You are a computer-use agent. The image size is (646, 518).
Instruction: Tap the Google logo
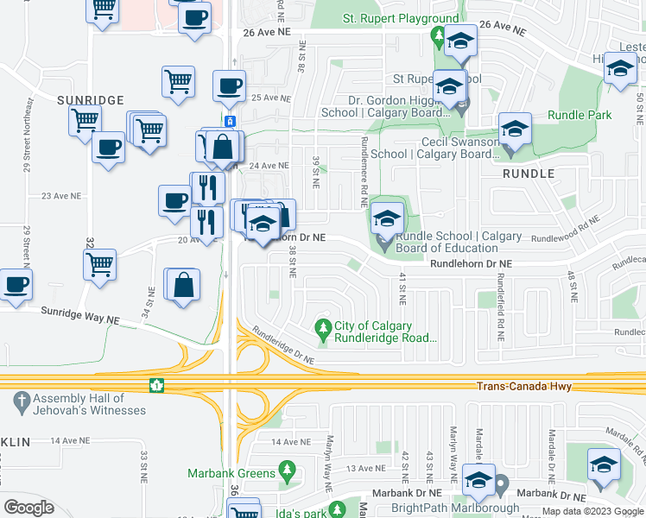click(29, 508)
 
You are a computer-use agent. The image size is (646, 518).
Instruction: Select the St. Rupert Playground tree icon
click(439, 36)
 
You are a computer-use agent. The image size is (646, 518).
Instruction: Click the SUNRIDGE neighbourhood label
click(91, 100)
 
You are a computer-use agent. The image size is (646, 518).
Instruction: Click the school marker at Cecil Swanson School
click(515, 130)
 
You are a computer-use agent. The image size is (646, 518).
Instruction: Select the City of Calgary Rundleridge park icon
click(323, 327)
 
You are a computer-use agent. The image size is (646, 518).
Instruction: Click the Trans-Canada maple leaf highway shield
click(156, 384)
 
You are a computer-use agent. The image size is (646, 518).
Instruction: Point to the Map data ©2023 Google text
click(592, 511)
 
